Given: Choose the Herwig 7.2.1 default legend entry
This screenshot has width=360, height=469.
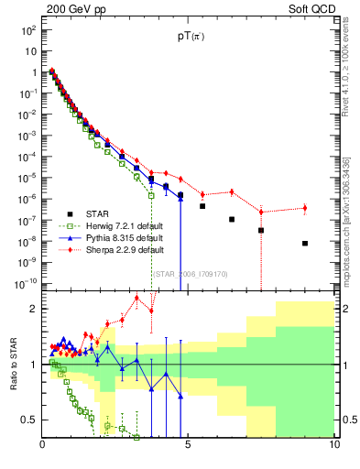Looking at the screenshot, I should [x=119, y=227].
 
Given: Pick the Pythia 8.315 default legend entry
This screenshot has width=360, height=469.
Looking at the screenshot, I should [x=119, y=238].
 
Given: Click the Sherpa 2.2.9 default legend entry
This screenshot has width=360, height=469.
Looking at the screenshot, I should [x=119, y=249].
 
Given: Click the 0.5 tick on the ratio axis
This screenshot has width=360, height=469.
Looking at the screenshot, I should [x=29, y=420].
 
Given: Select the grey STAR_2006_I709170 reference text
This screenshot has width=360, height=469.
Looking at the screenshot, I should [x=190, y=274].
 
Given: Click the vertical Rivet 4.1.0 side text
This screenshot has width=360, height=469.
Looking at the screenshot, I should [x=344, y=73].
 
